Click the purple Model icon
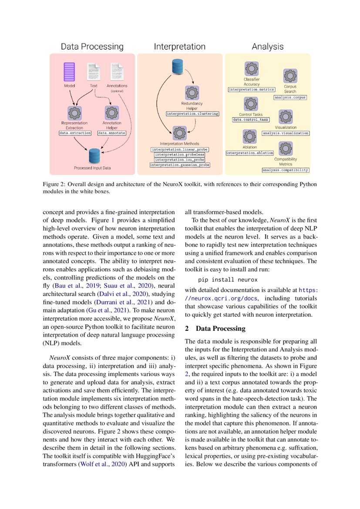pos(69,73)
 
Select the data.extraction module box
pos(75,132)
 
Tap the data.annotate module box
pos(111,132)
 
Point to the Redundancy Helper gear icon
pos(192,93)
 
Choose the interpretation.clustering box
pos(192,114)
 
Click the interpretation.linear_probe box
pos(180,149)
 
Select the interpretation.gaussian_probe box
pos(180,165)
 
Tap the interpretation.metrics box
pos(252,89)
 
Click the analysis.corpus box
pos(290,98)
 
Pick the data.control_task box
pos(250,119)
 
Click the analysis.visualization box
pos(286,133)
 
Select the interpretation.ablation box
pos(249,153)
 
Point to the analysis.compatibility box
pos(286,170)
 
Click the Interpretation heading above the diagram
pos(179,47)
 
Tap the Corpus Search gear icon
pos(290,76)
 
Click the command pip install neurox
pos(222,279)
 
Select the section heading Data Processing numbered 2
pos(215,328)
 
